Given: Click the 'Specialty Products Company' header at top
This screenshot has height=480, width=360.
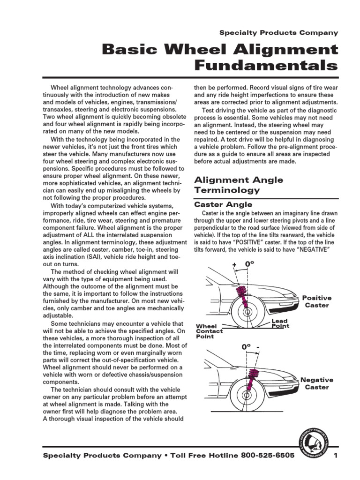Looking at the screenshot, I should click(278, 33).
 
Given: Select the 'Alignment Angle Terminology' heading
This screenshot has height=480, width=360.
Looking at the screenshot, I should click(239, 185).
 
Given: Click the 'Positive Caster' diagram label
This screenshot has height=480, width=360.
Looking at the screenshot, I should click(316, 301).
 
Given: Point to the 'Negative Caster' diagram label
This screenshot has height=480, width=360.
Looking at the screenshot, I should click(316, 383).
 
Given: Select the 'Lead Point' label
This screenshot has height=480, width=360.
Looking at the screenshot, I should click(280, 323).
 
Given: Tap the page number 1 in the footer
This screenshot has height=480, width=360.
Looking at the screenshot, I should click(336, 456).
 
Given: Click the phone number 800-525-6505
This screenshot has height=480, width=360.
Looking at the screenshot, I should click(268, 456).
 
